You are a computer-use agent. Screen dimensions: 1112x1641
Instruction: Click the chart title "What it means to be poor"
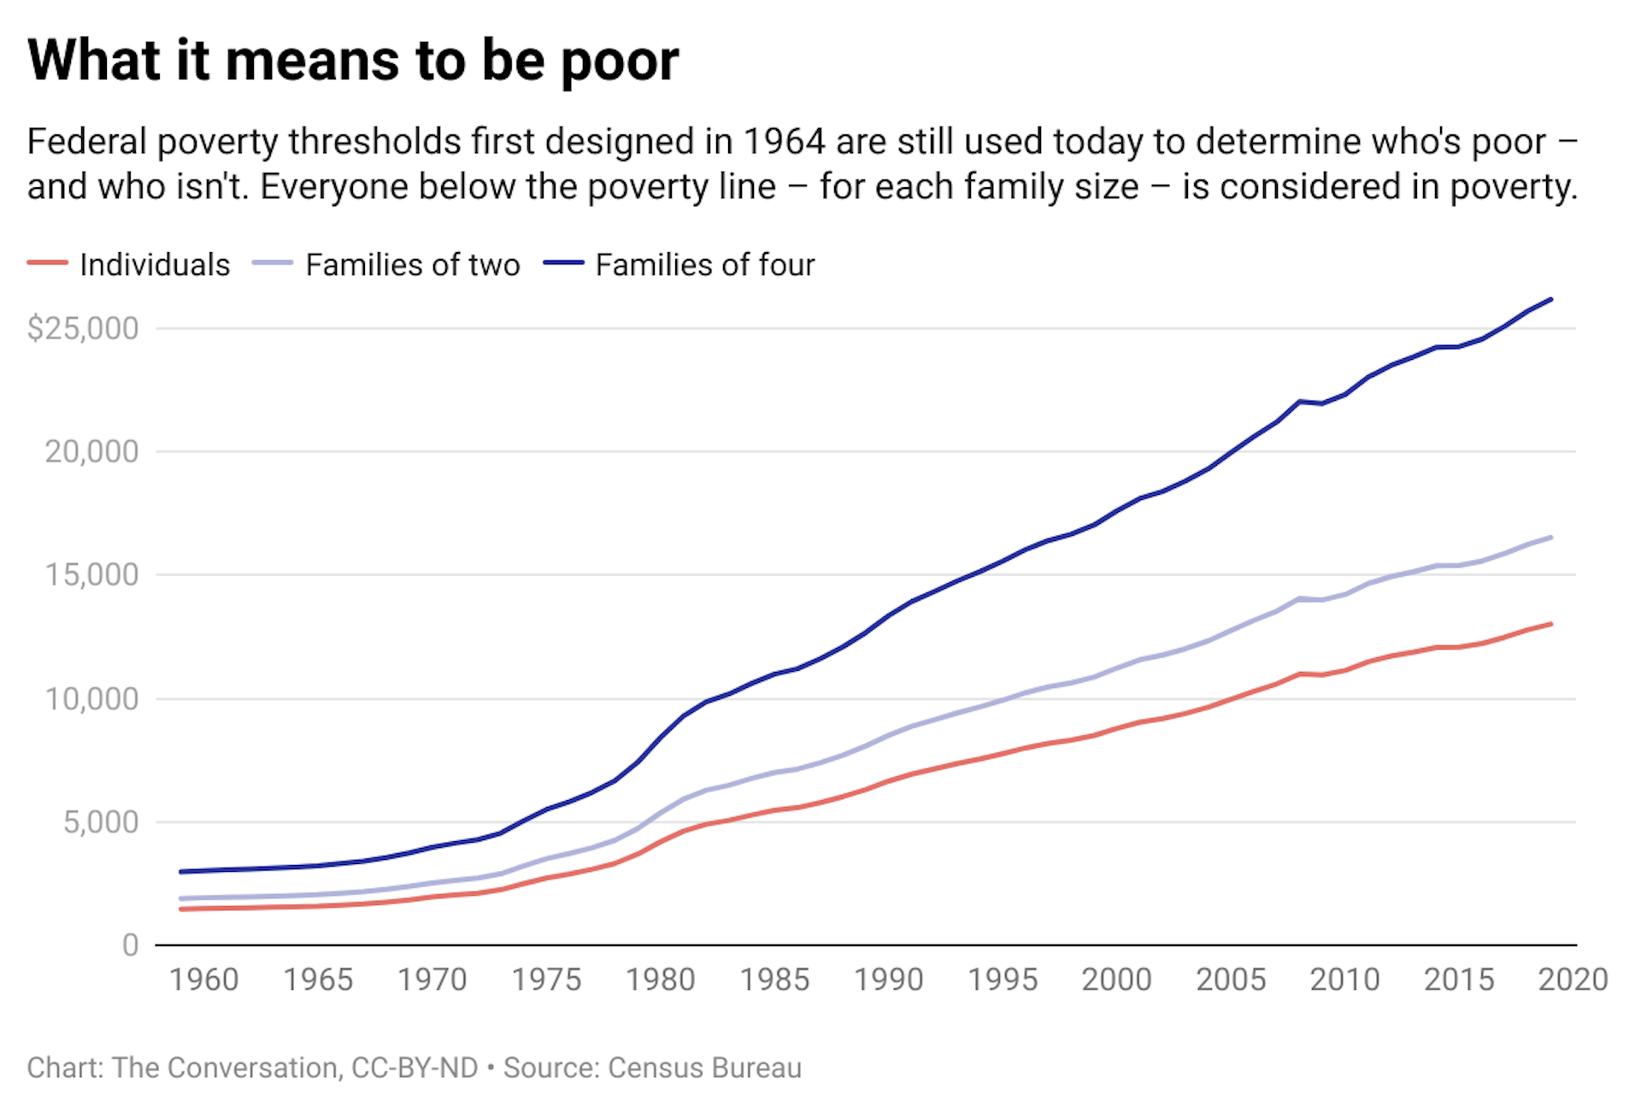click(x=353, y=62)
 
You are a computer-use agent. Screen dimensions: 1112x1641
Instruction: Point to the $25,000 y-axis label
click(x=83, y=328)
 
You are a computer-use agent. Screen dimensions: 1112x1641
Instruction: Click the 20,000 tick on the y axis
click(x=91, y=451)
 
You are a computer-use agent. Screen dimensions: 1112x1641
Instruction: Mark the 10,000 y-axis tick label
click(x=91, y=699)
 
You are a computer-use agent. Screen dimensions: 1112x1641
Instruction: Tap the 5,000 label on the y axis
click(x=100, y=822)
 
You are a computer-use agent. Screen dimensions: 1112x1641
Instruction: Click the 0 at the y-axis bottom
click(x=130, y=945)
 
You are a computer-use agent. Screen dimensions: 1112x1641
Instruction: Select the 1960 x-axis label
click(x=203, y=980)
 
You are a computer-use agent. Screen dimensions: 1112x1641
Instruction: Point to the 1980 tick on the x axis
click(x=660, y=980)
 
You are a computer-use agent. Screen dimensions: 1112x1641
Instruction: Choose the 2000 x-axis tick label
click(x=1116, y=980)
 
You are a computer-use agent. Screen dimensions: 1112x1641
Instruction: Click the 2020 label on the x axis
click(x=1573, y=980)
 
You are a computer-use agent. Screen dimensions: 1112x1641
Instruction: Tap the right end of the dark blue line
click(x=1550, y=300)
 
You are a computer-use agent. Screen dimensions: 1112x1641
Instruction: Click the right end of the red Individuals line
click(x=1550, y=624)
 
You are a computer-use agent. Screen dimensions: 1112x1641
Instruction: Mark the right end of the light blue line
click(x=1550, y=538)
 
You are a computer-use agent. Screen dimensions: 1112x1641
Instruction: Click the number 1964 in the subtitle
click(x=783, y=142)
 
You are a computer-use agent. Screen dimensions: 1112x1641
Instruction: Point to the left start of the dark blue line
click(x=181, y=872)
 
